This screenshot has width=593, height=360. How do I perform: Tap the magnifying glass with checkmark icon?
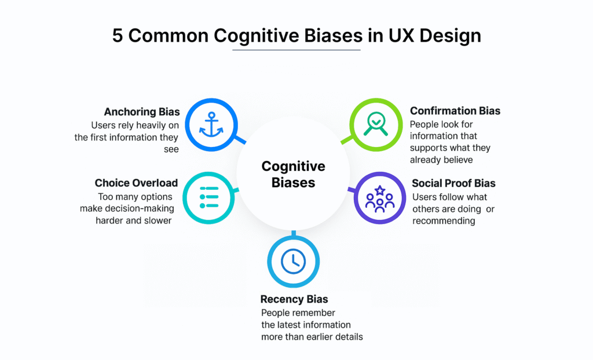(376, 124)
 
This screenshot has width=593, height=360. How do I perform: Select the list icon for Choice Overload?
(208, 198)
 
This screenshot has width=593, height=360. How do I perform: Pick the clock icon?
(293, 262)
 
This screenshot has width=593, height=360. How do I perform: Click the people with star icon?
(379, 198)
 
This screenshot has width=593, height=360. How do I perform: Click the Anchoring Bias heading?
(142, 112)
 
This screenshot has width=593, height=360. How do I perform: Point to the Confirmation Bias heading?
(455, 111)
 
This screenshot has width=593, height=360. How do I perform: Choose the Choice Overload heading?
(136, 183)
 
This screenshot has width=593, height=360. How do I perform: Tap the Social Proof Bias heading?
(453, 183)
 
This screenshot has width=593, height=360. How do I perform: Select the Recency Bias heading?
(294, 299)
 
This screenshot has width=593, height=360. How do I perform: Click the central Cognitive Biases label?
(293, 174)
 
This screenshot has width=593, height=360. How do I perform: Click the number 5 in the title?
(118, 35)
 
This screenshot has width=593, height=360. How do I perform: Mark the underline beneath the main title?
(296, 50)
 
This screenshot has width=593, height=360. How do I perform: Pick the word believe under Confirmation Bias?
(458, 160)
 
